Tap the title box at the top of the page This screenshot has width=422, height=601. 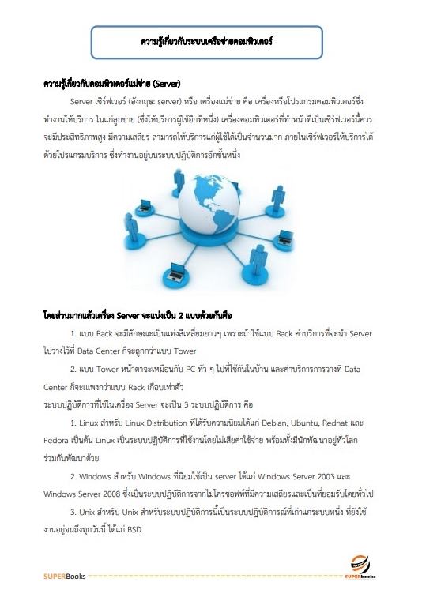click(x=207, y=39)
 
